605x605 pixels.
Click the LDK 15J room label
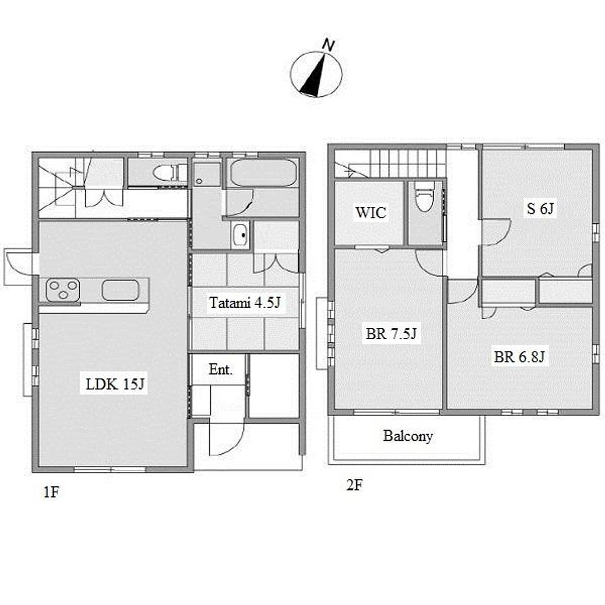pyautogui.click(x=115, y=384)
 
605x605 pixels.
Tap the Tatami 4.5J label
pyautogui.click(x=245, y=302)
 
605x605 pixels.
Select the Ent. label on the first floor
pyautogui.click(x=220, y=370)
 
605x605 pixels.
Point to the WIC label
pyautogui.click(x=370, y=212)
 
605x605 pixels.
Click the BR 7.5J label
pyautogui.click(x=391, y=333)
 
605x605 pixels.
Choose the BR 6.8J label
pyautogui.click(x=519, y=357)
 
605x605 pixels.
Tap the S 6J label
pyautogui.click(x=540, y=209)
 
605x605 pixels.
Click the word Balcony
pyautogui.click(x=408, y=436)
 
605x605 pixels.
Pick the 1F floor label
pyautogui.click(x=51, y=492)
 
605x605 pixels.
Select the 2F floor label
pyautogui.click(x=354, y=485)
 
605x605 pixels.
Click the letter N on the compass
pyautogui.click(x=328, y=45)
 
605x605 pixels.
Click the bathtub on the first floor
pyautogui.click(x=263, y=173)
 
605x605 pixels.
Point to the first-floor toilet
pyautogui.click(x=170, y=173)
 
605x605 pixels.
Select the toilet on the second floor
pyautogui.click(x=424, y=196)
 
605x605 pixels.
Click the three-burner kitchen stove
pyautogui.click(x=63, y=290)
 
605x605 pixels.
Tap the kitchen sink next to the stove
pyautogui.click(x=121, y=290)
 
